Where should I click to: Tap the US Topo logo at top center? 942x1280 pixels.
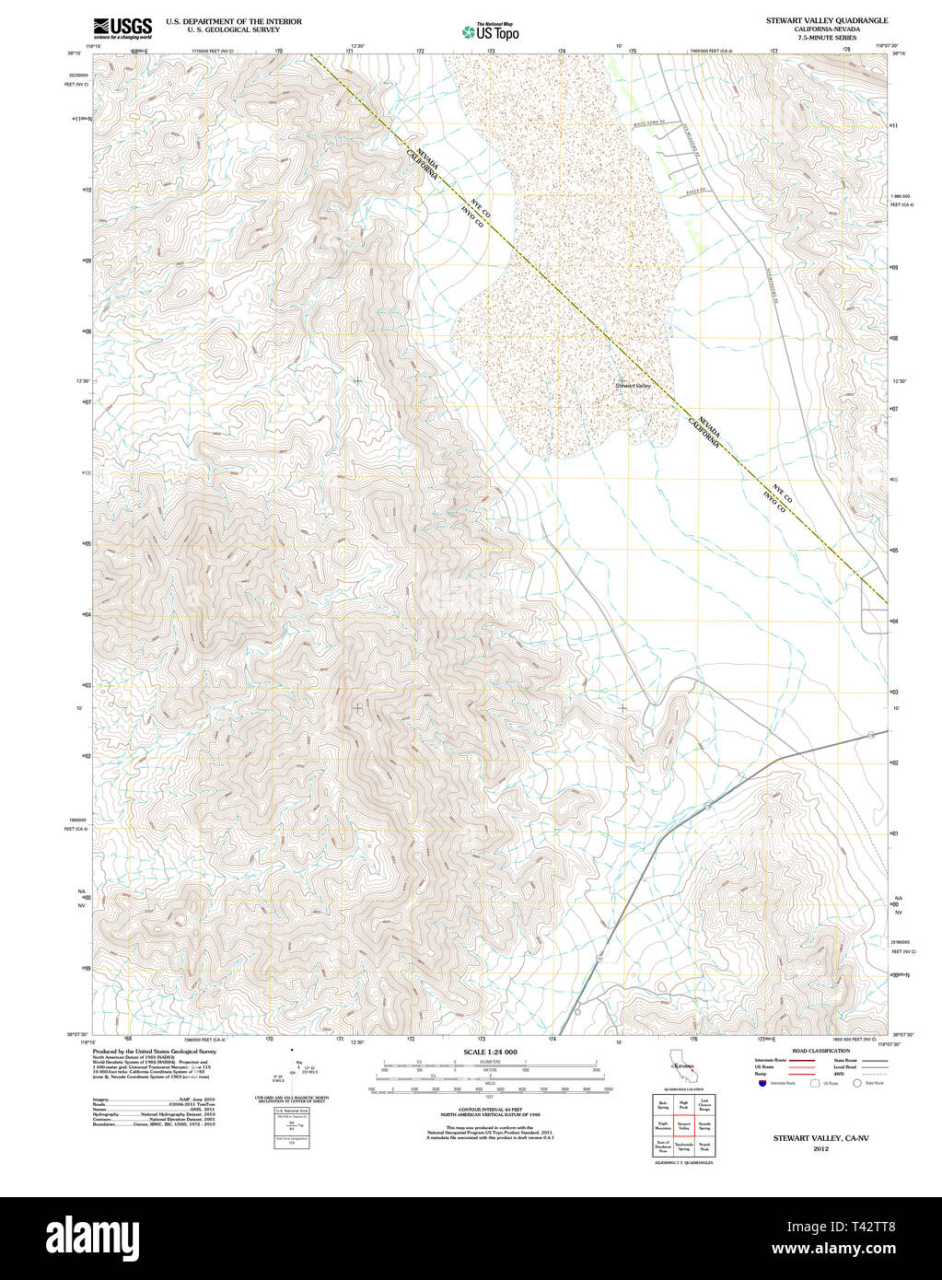[x=490, y=31]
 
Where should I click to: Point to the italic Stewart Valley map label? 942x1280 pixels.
[x=634, y=385]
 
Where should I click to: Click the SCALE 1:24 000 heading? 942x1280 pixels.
[x=490, y=1052]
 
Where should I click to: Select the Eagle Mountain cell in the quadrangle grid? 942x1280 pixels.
[x=662, y=1125]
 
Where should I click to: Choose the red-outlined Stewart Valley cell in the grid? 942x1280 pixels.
[x=683, y=1125]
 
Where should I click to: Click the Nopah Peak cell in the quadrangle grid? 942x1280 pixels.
[x=704, y=1147]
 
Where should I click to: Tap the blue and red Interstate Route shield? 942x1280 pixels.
[x=762, y=1084]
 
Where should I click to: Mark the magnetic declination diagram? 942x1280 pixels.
[x=293, y=1069]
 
